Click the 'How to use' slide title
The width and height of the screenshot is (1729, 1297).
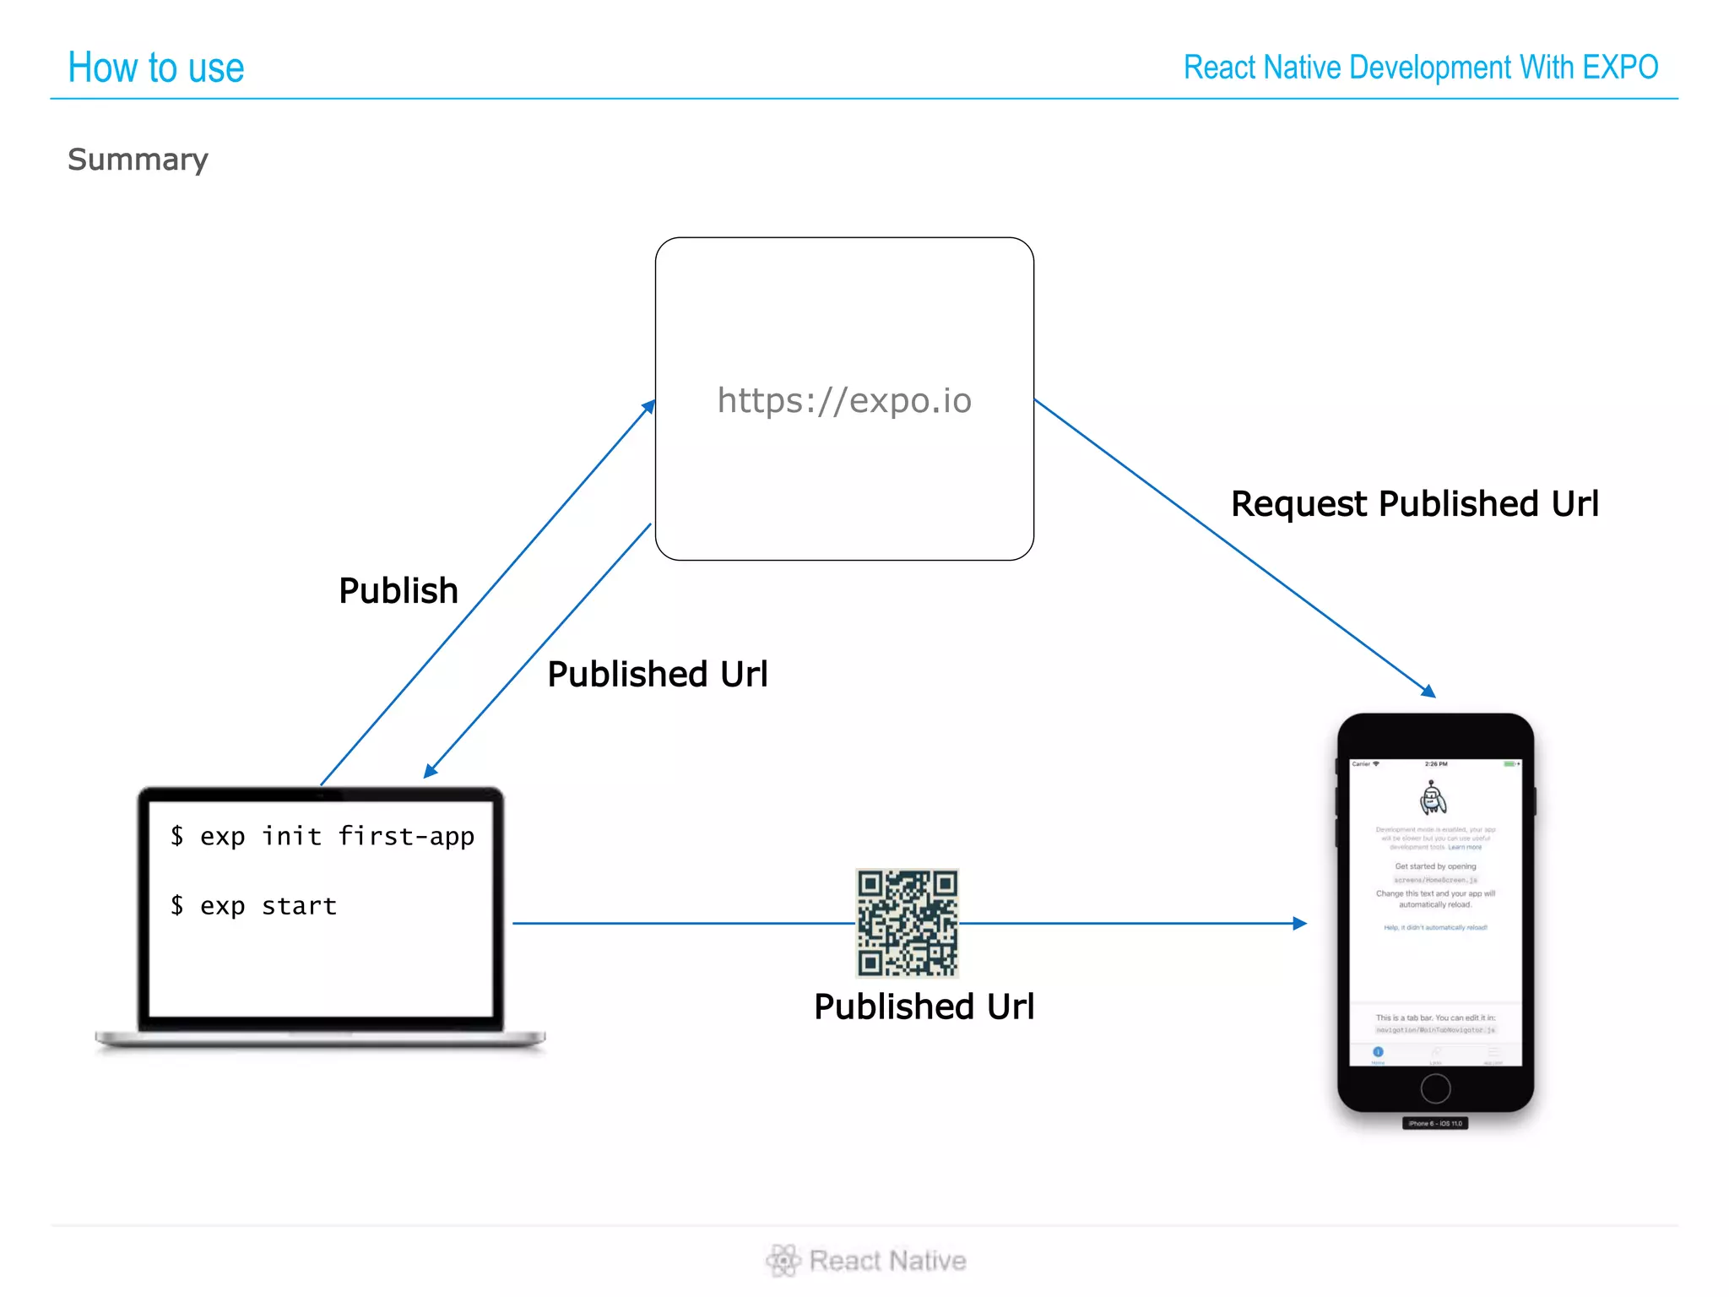pyautogui.click(x=156, y=68)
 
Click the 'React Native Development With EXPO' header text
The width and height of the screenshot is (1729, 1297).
pyautogui.click(x=1421, y=68)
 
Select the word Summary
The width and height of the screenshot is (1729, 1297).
pyautogui.click(x=138, y=160)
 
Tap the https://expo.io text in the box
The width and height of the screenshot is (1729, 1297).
pyautogui.click(x=844, y=400)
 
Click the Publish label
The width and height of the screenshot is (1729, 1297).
pyautogui.click(x=398, y=590)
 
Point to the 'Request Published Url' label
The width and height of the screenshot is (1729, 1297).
pyautogui.click(x=1415, y=504)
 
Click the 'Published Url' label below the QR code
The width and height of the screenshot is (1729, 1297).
pyautogui.click(x=924, y=1007)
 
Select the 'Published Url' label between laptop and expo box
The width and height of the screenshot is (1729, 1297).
pyautogui.click(x=658, y=674)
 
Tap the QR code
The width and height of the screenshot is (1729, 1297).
pyautogui.click(x=908, y=923)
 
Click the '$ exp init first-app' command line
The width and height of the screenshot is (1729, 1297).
pyautogui.click(x=322, y=836)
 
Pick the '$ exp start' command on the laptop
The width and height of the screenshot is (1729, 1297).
pyautogui.click(x=254, y=906)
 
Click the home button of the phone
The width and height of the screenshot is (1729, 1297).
pyautogui.click(x=1435, y=1088)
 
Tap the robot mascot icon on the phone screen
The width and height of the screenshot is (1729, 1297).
pyautogui.click(x=1433, y=798)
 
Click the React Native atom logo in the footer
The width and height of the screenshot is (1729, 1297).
pyautogui.click(x=783, y=1260)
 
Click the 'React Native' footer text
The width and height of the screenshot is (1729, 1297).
pyautogui.click(x=887, y=1261)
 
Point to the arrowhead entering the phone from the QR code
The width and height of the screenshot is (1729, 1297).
pyautogui.click(x=1300, y=924)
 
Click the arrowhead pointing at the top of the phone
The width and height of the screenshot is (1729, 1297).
pyautogui.click(x=1428, y=691)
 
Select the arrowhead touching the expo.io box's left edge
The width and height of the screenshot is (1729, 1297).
pyautogui.click(x=648, y=407)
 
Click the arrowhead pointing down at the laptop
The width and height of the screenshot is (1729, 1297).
pyautogui.click(x=431, y=770)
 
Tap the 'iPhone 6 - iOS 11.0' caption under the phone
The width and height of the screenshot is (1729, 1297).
pyautogui.click(x=1435, y=1123)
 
